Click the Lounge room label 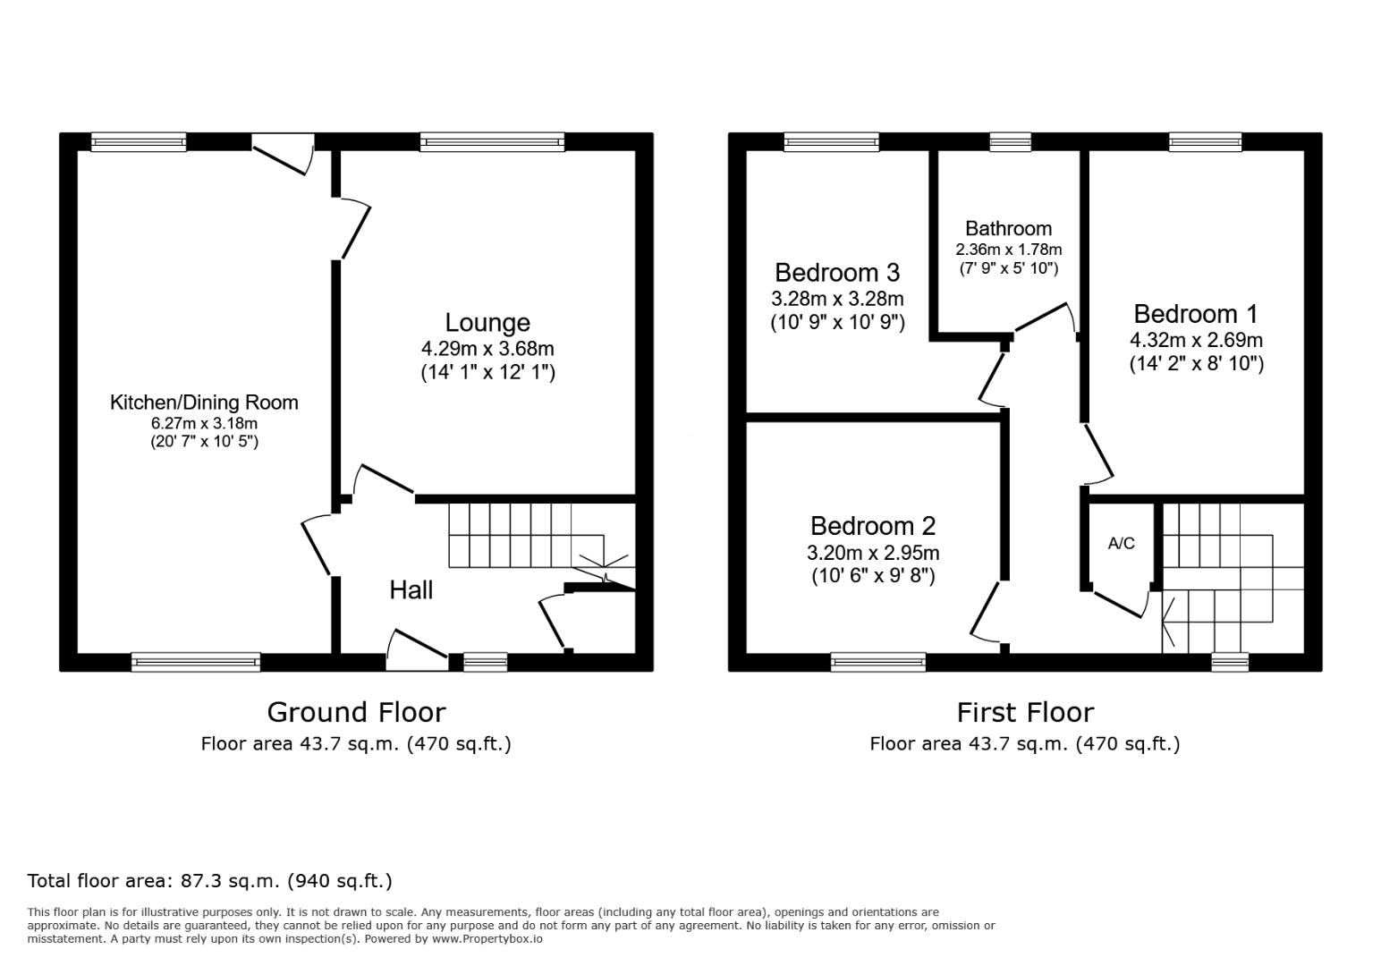(x=487, y=322)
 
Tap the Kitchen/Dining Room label (x=204, y=402)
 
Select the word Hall (x=411, y=590)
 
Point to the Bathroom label (x=1009, y=229)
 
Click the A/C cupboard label (x=1122, y=543)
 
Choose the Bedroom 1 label (x=1196, y=314)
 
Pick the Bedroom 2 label (x=873, y=526)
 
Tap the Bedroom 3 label (x=837, y=273)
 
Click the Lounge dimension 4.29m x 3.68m (x=487, y=349)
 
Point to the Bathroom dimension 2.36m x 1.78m (x=1009, y=250)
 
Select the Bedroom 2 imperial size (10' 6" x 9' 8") (x=874, y=576)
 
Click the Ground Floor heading (x=356, y=713)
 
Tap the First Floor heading (x=1025, y=713)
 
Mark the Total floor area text (x=209, y=881)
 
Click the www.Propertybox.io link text (x=487, y=939)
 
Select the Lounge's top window (x=492, y=142)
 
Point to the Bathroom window (x=1010, y=142)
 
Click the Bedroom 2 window (x=878, y=662)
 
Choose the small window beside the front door (x=485, y=662)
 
